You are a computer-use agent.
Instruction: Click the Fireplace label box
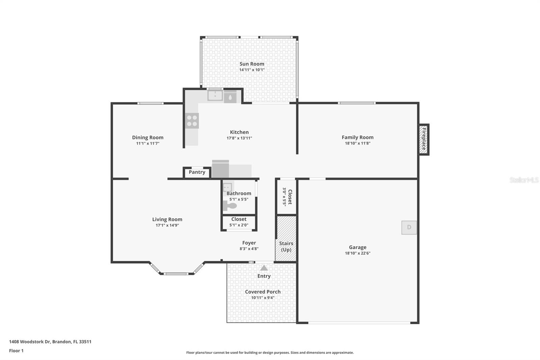pyautogui.click(x=424, y=139)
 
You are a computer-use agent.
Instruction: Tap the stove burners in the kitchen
pyautogui.click(x=192, y=121)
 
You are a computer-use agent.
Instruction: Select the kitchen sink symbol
pyautogui.click(x=215, y=96)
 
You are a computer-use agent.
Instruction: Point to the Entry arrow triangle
pyautogui.click(x=264, y=268)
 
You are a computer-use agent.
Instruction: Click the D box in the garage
pyautogui.click(x=409, y=227)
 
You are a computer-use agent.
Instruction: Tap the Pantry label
pyautogui.click(x=197, y=172)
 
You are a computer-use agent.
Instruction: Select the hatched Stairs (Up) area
pyautogui.click(x=286, y=238)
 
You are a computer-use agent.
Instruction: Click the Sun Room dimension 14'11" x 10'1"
pyautogui.click(x=252, y=70)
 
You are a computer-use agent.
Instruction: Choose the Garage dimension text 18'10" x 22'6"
pyautogui.click(x=357, y=253)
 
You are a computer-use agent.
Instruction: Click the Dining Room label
pyautogui.click(x=147, y=137)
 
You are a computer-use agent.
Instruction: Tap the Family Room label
pyautogui.click(x=357, y=137)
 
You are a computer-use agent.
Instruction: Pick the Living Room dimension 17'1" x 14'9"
pyautogui.click(x=167, y=225)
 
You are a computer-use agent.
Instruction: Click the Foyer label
pyautogui.click(x=249, y=243)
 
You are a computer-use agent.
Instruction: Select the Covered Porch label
pyautogui.click(x=263, y=292)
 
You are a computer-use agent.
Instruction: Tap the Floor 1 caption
pyautogui.click(x=16, y=351)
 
